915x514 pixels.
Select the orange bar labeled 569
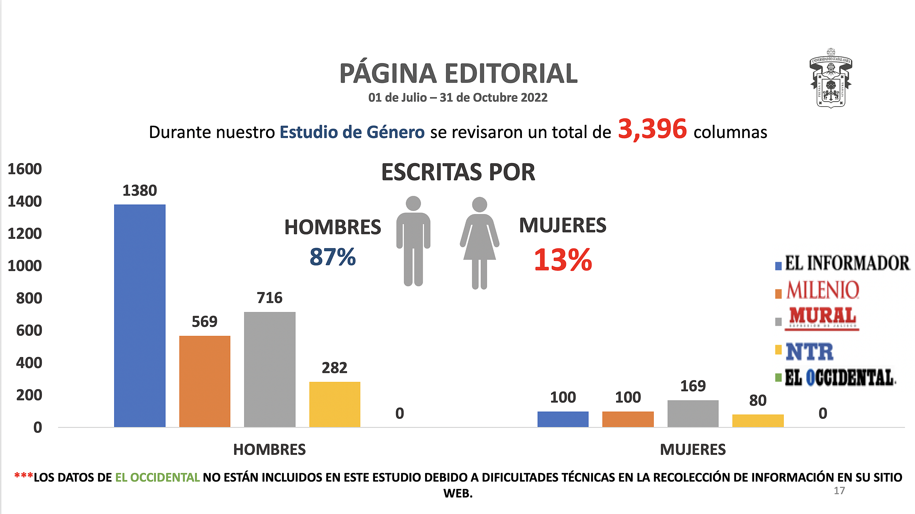coord(205,381)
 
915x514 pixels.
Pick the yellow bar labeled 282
coord(335,404)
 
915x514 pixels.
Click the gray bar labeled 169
coord(693,413)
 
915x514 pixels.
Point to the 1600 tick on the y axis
coord(25,169)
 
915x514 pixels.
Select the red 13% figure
coord(563,260)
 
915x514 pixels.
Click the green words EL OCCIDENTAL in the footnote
coord(157,477)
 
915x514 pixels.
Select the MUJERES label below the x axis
coord(693,450)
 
